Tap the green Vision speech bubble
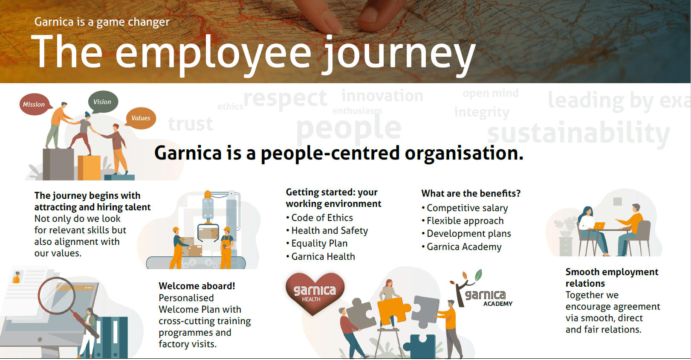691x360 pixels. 103,102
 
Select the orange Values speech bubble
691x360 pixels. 141,118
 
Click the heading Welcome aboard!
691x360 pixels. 197,286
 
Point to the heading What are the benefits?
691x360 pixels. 471,194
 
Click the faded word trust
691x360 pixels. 191,124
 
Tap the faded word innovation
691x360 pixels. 382,96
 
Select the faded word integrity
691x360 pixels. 482,112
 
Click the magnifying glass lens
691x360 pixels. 56,295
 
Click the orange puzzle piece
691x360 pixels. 393,309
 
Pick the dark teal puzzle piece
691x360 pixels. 422,346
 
